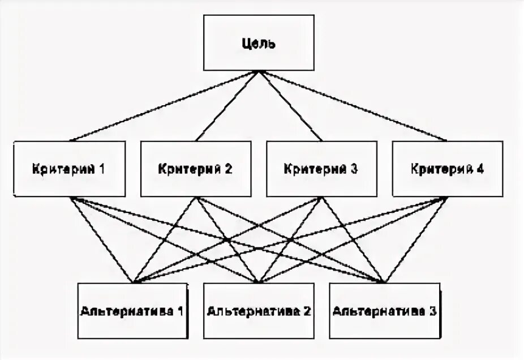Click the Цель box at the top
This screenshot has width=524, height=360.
(259, 43)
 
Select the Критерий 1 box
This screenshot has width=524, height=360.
(70, 169)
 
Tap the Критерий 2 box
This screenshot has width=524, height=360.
(196, 169)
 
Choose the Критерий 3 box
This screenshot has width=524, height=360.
(321, 169)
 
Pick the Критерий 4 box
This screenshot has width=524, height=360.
(448, 169)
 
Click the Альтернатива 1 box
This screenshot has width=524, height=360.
(133, 310)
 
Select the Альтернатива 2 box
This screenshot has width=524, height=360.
(259, 310)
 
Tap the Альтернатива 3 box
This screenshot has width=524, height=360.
(385, 310)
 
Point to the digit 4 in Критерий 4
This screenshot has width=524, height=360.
(480, 169)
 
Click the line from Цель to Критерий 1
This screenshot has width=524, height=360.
(164, 106)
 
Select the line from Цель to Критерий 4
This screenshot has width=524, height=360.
(354, 106)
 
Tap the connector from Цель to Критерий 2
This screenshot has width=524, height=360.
(227, 106)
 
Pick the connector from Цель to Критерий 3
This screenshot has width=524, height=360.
(290, 106)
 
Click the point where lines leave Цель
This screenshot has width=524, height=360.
(259, 71)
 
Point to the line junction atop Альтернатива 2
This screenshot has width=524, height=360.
(259, 282)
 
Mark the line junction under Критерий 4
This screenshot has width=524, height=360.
(448, 198)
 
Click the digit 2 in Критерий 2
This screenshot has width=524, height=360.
(229, 169)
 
